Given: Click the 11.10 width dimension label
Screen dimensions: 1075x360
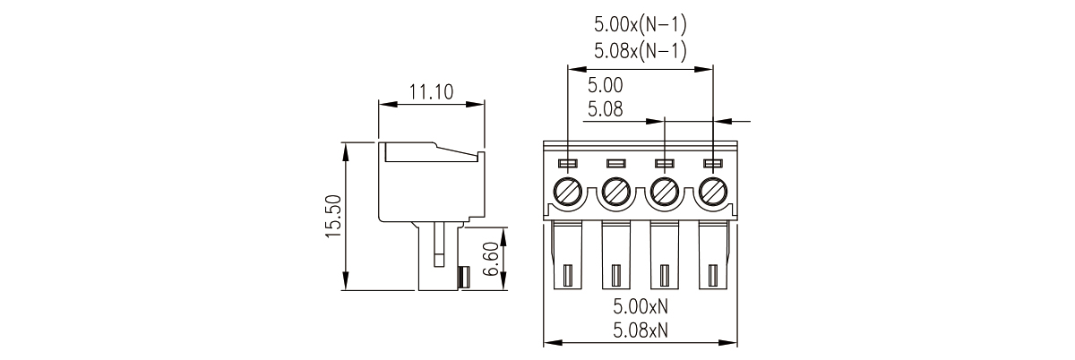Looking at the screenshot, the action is (431, 91).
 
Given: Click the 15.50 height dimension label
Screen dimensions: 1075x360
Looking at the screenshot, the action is (333, 216).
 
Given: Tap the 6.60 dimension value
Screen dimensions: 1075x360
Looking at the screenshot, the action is (491, 259).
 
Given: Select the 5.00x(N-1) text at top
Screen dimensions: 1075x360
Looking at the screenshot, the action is (641, 24).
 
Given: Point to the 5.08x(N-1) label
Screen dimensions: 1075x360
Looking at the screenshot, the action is (641, 50).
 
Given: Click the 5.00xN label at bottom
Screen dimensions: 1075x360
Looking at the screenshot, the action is (641, 306).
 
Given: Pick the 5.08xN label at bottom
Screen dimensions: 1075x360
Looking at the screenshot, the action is (641, 330).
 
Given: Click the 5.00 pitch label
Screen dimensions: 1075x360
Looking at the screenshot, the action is (606, 85).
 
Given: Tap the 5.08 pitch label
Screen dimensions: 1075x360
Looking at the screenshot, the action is (606, 109).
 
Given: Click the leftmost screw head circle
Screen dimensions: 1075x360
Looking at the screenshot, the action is (568, 192).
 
